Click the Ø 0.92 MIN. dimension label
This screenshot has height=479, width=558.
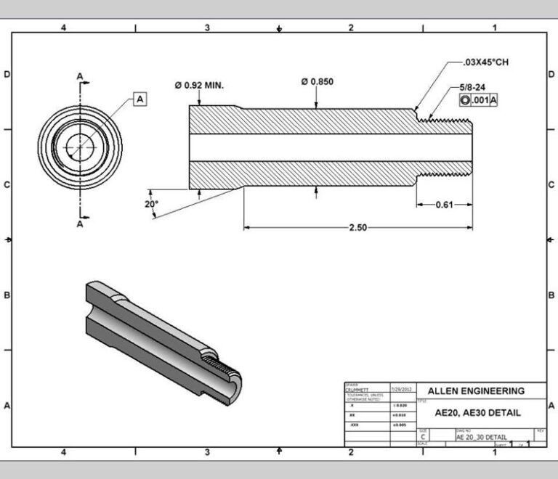coord(199,85)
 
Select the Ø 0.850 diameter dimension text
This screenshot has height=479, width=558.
coord(317,81)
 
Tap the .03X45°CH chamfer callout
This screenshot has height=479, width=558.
coord(488,62)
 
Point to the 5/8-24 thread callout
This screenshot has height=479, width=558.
coord(474,87)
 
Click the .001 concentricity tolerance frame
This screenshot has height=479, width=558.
coord(478,100)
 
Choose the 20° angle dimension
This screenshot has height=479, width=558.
coord(150,204)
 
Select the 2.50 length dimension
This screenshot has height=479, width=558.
coord(358,227)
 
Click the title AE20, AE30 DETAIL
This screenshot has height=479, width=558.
coord(477,412)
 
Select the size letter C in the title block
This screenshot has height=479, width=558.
coord(424,437)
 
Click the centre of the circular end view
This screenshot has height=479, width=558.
coord(80,145)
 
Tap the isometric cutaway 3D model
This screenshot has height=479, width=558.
coord(163,333)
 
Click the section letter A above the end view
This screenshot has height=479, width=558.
coord(80,75)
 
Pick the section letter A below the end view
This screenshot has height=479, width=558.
coord(80,224)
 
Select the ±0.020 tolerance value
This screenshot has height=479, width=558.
coord(400,405)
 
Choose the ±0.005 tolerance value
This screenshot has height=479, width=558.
coord(400,423)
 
